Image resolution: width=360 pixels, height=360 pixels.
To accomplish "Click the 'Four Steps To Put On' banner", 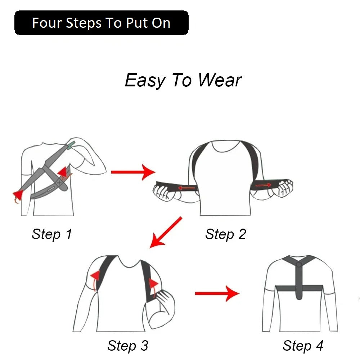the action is [101, 23].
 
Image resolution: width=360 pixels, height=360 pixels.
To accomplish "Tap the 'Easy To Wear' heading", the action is [183, 80].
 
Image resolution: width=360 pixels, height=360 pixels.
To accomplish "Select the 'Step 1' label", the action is [52, 234].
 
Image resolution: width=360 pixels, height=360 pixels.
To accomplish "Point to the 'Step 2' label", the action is [225, 234].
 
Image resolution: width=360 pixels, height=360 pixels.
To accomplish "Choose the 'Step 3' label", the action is [128, 346].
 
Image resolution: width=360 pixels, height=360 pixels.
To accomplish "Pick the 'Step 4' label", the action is [303, 346].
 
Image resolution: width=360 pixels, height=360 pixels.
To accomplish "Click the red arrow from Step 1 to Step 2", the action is [133, 172].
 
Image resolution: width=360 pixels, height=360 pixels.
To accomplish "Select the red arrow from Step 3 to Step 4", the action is [217, 293].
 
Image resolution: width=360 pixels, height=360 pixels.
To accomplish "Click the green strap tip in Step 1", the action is [71, 145].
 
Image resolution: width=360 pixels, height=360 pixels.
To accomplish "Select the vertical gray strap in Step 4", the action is [299, 281].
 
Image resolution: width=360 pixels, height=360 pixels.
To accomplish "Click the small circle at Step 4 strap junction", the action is [299, 265].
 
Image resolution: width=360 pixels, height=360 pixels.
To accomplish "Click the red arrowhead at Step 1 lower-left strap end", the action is [18, 195].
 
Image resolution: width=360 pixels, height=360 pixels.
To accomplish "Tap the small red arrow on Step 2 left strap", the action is [186, 188].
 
